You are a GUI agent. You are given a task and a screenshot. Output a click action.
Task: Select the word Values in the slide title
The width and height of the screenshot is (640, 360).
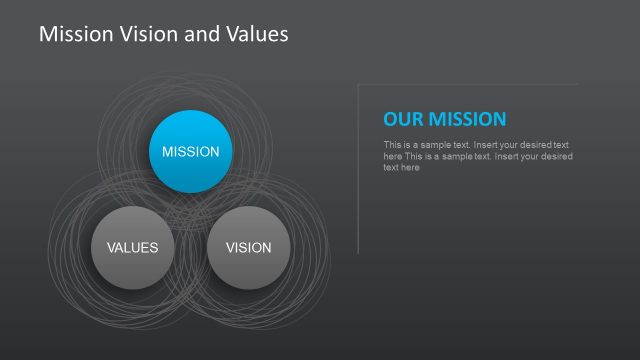tap(254, 34)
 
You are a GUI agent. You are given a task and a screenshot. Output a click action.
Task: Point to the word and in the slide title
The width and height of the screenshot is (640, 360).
tap(203, 34)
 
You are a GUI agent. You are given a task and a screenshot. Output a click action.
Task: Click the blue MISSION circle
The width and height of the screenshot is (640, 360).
tap(190, 152)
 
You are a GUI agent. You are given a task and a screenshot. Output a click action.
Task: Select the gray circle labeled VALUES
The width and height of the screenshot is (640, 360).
tap(132, 247)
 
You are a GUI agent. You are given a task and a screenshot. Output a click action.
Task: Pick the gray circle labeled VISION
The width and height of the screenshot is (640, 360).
tap(249, 247)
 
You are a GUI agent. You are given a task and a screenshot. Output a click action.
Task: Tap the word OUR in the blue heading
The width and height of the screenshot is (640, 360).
tap(403, 119)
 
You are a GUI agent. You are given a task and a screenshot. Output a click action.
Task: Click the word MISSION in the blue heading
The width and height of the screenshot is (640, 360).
tap(468, 119)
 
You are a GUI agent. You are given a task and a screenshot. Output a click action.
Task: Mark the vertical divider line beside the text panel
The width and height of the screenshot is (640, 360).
tap(358, 170)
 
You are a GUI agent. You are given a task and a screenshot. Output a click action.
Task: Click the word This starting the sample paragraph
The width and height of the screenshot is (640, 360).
tap(392, 145)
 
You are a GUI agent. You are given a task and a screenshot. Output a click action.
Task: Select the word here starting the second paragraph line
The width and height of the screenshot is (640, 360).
tap(392, 156)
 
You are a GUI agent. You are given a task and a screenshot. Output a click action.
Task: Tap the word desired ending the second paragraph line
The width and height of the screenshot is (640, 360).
tap(556, 156)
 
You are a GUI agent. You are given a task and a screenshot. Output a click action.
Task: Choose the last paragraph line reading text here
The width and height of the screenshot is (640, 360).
tap(401, 167)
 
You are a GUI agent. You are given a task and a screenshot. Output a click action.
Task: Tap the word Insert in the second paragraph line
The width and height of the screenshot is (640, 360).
tap(498, 156)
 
